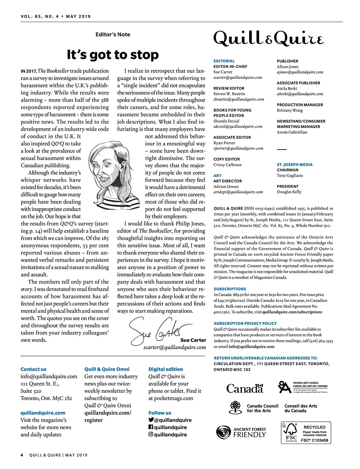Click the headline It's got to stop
(113, 55)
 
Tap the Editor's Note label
(113, 34)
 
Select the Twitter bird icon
(151, 420)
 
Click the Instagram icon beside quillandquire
(151, 435)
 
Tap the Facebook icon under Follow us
(151, 427)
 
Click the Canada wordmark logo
(245, 388)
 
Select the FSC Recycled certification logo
(306, 433)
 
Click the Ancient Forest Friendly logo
(241, 432)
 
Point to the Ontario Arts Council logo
(303, 387)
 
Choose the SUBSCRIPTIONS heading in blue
(230, 289)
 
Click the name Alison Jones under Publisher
(287, 67)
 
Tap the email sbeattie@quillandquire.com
(238, 99)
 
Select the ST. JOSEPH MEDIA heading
(294, 165)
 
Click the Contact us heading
(33, 369)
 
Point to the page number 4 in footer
(22, 455)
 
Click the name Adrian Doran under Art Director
(226, 187)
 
